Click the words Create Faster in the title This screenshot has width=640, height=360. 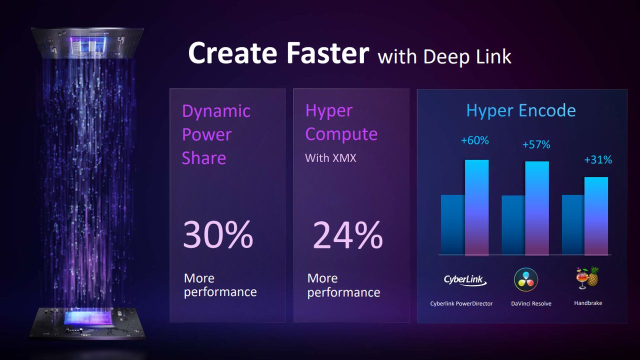point(278,53)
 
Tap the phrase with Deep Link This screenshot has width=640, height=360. point(444,56)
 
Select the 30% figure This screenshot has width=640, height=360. point(217,235)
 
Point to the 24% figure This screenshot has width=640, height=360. point(347,235)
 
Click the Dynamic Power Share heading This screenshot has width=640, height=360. point(216,134)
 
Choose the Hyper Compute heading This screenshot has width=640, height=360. point(341,122)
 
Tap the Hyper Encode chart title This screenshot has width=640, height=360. point(521,110)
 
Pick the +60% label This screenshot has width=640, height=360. point(474,140)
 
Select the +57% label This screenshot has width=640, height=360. point(536,144)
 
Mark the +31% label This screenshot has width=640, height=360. point(598,160)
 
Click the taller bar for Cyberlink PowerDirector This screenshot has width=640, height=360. point(476,207)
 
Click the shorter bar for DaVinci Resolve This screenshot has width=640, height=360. point(513,225)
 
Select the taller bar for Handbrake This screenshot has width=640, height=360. point(596,216)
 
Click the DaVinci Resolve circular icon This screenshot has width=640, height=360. point(526,279)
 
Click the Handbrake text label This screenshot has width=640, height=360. point(588,303)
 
